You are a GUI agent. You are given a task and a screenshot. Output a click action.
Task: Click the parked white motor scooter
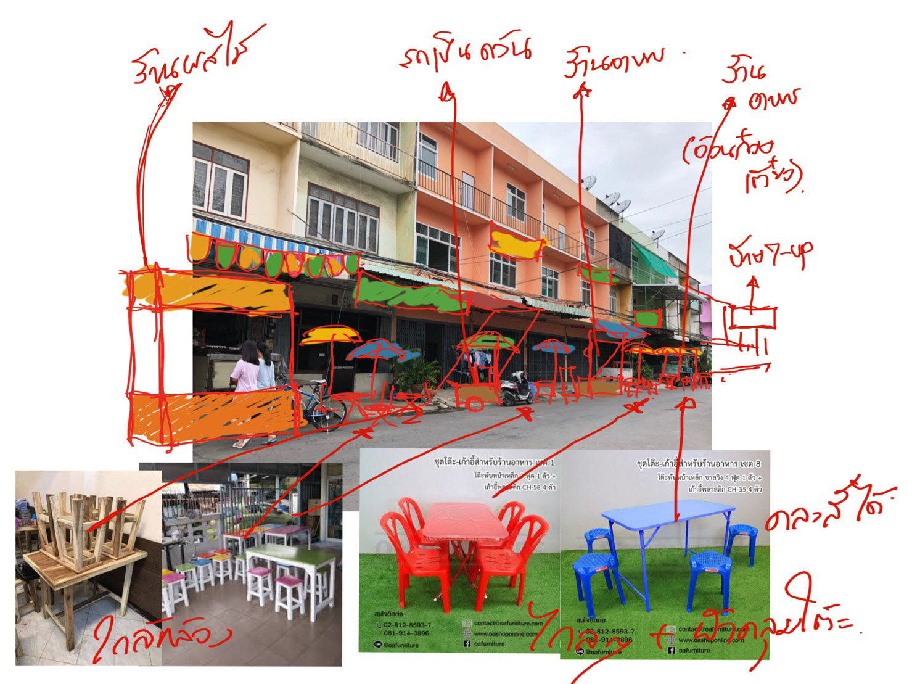click(x=517, y=389)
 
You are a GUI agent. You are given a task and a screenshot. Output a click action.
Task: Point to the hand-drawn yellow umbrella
click(x=331, y=335)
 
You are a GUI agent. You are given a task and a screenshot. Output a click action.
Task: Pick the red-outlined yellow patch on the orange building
click(x=516, y=244)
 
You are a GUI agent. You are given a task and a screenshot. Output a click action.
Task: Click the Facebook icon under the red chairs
click(x=467, y=643)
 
